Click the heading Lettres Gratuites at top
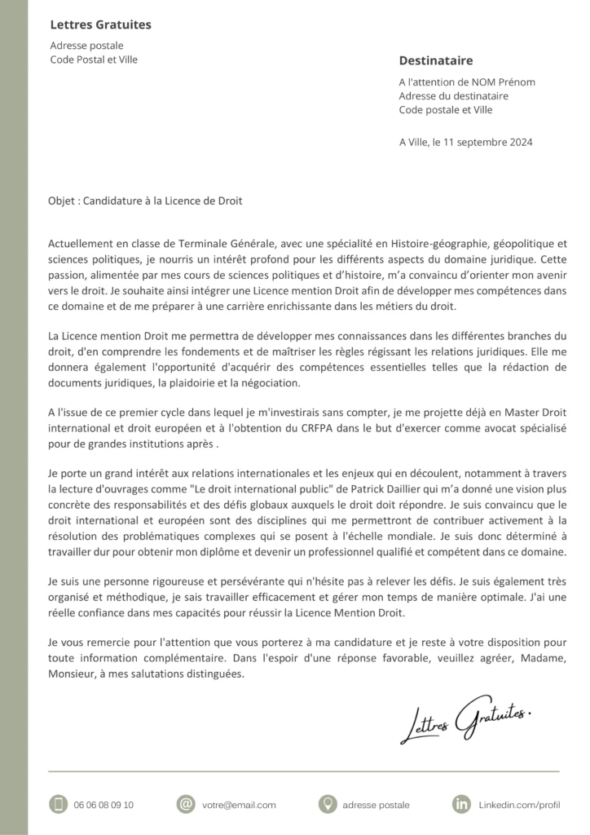pos(100,25)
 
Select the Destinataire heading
pos(435,61)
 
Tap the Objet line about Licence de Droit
pos(145,201)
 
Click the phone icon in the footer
pos(57,804)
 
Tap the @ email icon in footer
pos(187,804)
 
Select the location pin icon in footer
pos(328,804)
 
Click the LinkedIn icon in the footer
pos(461,804)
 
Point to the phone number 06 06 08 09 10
pos(103,805)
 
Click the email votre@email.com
pos(239,805)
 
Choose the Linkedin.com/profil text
pos(519,805)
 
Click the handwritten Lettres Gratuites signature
pos(465,718)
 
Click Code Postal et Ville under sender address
pos(94,60)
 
